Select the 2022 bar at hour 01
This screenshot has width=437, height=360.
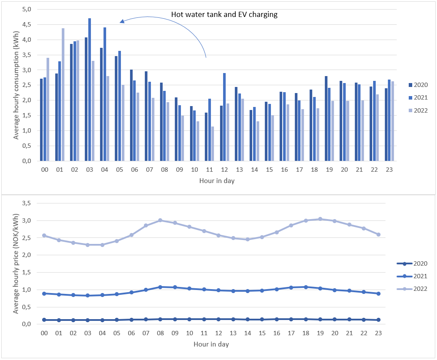pos(63,94)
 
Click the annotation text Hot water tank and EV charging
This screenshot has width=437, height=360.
pos(224,14)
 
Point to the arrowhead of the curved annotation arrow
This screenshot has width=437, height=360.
pos(122,21)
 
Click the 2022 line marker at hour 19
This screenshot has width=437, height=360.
pos(320,219)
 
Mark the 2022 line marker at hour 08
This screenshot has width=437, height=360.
pos(160,220)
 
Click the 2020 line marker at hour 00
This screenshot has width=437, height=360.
pos(44,320)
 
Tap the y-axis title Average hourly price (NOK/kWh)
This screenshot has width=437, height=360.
pos(16,263)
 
